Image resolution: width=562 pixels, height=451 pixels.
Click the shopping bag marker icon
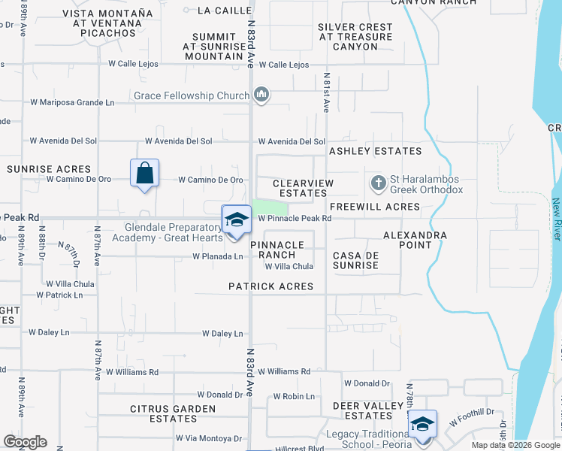coord(144,174)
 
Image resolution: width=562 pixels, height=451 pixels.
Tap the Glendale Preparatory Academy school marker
coord(237,219)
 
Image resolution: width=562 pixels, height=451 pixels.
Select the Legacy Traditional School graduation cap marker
coord(422,425)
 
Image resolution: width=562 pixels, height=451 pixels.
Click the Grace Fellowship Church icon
coord(261,95)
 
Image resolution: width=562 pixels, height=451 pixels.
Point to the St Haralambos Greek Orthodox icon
coord(379,183)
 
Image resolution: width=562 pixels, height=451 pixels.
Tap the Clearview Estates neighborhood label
coord(300,188)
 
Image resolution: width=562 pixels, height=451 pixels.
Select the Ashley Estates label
coord(375,151)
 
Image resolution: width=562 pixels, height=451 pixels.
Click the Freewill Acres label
coord(374,207)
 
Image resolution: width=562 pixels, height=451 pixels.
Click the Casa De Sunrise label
coord(356,261)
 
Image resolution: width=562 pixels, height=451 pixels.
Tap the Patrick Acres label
coord(271,286)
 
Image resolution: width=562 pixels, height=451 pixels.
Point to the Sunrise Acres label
coord(49,169)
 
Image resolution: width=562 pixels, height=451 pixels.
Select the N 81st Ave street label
coord(327,92)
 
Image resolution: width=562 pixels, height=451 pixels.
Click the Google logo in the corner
coord(25,442)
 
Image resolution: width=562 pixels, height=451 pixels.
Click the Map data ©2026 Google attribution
coord(515,445)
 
